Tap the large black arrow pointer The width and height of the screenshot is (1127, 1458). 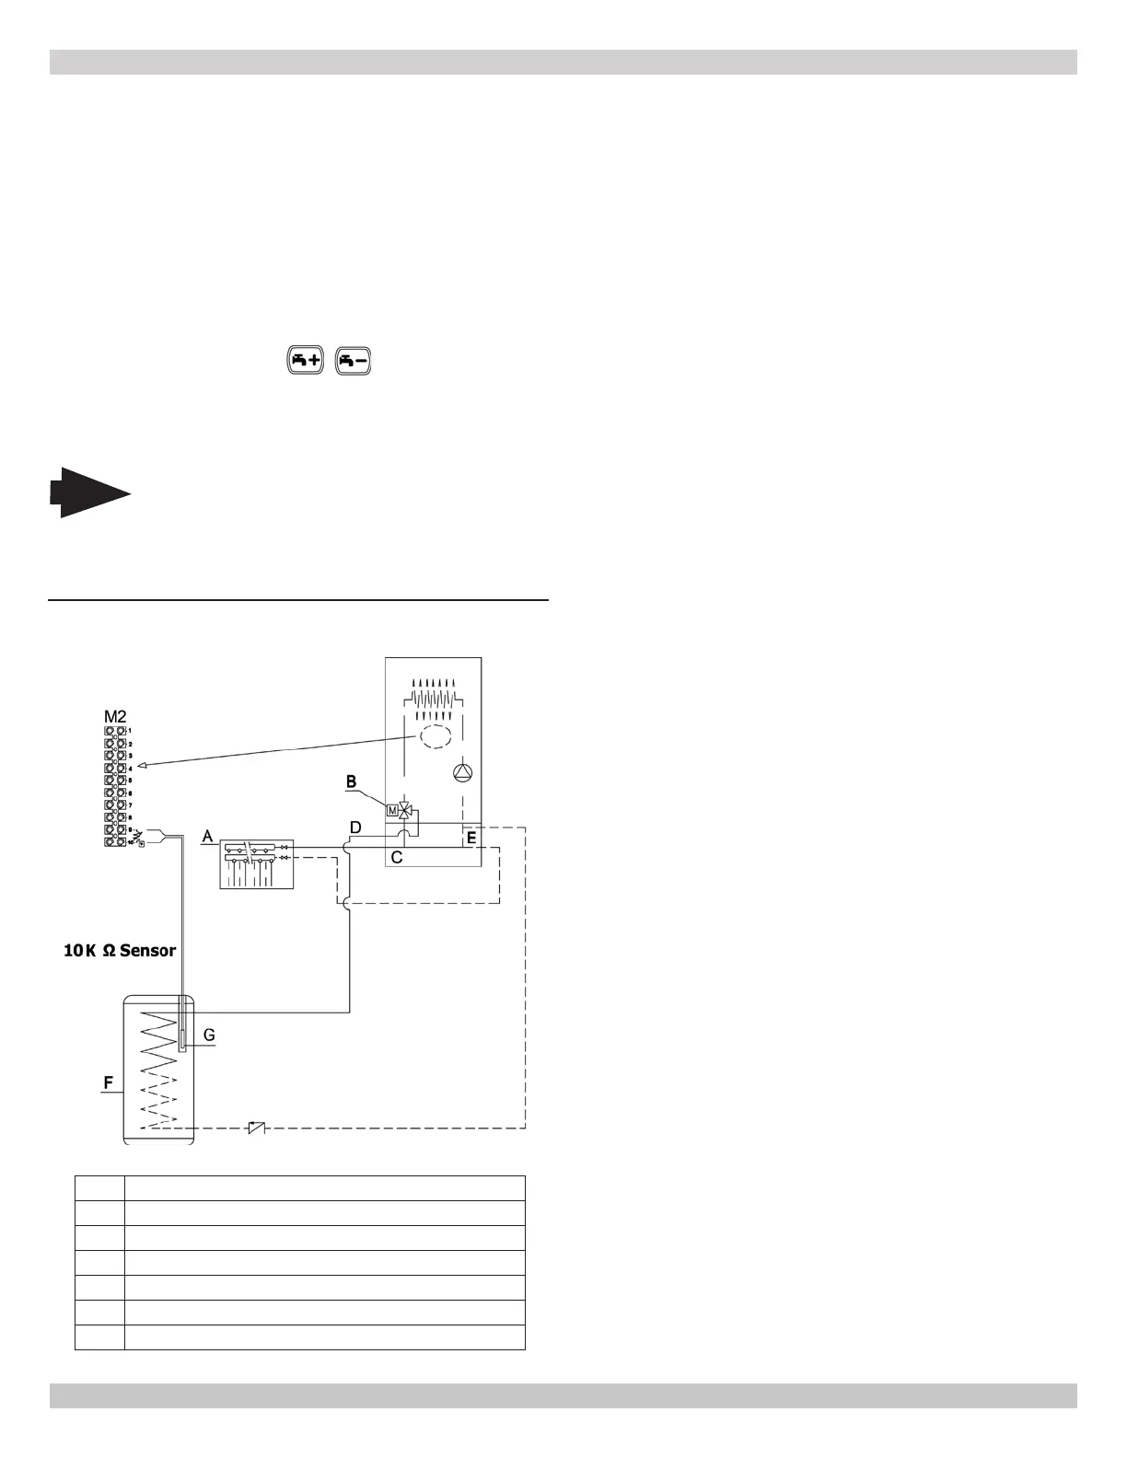coord(90,492)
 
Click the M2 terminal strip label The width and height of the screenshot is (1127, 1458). coord(116,716)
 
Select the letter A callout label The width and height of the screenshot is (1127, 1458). coord(208,836)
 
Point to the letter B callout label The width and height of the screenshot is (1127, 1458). coord(351,781)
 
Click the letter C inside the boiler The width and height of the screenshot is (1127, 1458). coord(397,857)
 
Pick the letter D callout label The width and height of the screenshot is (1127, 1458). coord(355,828)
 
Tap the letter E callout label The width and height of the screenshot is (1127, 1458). coord(471,838)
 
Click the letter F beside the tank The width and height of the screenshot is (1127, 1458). coord(109,1083)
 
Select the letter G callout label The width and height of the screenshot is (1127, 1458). coord(209,1035)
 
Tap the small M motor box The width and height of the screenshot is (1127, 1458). coord(392,811)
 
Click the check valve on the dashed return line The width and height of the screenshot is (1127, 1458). coord(257,1128)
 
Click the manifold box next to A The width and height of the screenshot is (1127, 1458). coord(257,864)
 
